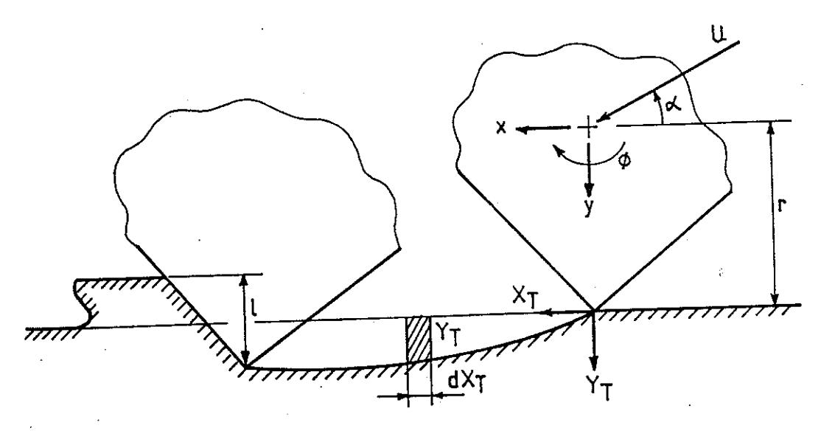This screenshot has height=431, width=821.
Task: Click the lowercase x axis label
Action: point(501,128)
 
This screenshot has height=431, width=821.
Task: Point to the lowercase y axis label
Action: point(590,207)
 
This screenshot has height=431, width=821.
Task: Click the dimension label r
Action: point(780,205)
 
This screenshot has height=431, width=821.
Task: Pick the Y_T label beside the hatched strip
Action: point(445,334)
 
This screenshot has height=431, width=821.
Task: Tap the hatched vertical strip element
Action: point(419,339)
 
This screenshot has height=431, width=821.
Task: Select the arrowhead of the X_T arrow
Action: point(547,313)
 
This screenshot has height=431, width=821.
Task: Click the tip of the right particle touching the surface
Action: point(593,311)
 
